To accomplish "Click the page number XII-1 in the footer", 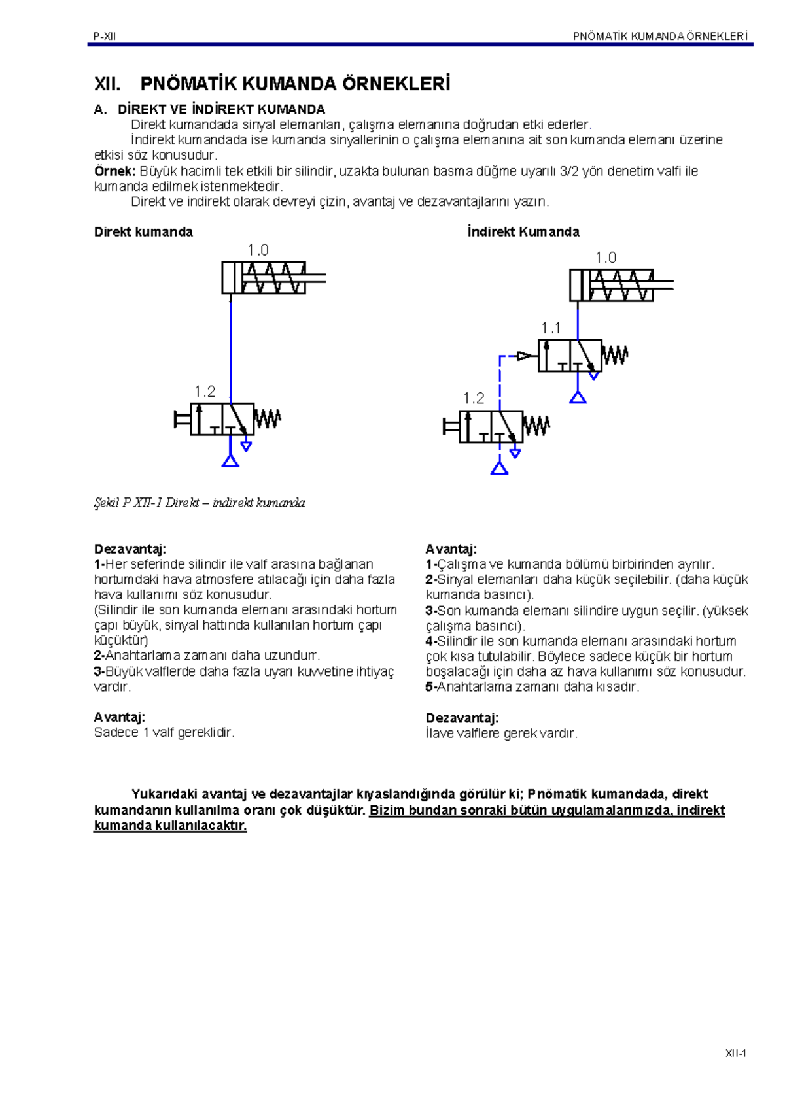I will (x=736, y=1053).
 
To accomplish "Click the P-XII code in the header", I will (x=105, y=37).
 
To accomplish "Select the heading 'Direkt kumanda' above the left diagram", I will (x=143, y=232).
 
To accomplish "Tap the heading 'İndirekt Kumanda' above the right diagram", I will (x=523, y=232).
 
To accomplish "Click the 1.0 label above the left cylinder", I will (x=258, y=250).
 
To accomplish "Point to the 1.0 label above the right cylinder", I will (x=606, y=258).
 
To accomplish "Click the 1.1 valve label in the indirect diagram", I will (x=551, y=328).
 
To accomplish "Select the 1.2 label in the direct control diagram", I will (x=205, y=392).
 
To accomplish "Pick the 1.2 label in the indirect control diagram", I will (x=474, y=399).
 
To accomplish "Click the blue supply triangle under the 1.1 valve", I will (x=578, y=397).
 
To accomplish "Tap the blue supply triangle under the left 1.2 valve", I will (x=230, y=461).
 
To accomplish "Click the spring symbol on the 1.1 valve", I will (x=615, y=356).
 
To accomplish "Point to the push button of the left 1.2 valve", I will (x=181, y=419).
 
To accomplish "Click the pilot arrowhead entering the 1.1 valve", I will (x=525, y=356).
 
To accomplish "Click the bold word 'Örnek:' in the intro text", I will (x=114, y=171).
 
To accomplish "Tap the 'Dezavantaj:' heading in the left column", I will (x=130, y=549).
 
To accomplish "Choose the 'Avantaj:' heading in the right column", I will (x=451, y=549).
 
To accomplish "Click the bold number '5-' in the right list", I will (x=431, y=687).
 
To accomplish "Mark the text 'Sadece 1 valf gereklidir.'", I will (x=164, y=733).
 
